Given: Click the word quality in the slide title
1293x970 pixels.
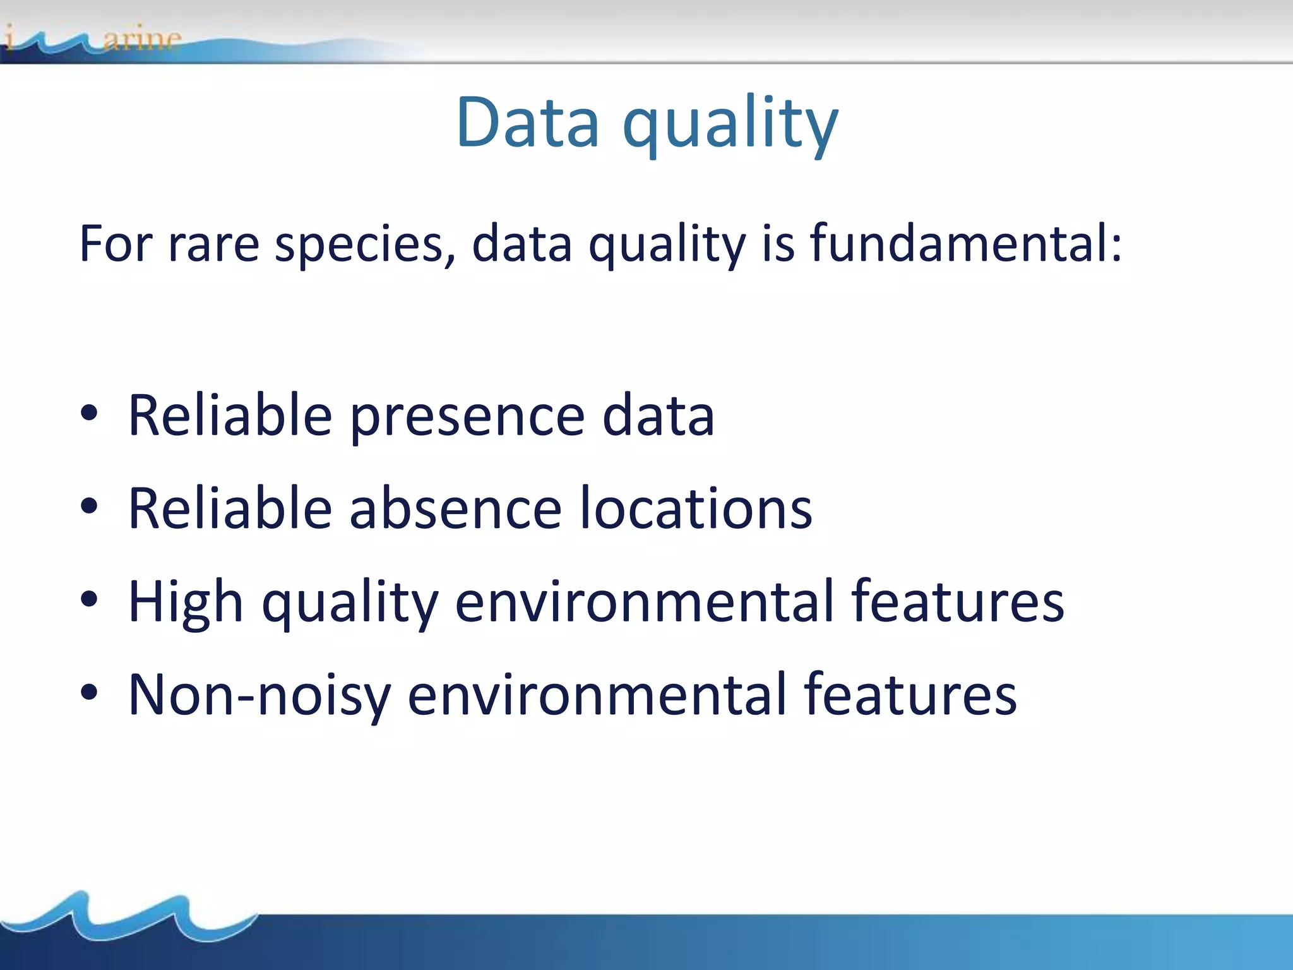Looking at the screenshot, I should tap(730, 124).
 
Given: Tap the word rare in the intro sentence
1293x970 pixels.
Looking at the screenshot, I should tap(213, 244).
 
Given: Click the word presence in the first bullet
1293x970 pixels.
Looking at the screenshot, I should tap(467, 417).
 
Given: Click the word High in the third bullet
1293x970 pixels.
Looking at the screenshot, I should tap(186, 602).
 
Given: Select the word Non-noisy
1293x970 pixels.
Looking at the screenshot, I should tap(259, 696).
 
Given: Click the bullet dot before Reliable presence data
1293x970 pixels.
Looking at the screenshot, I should tap(89, 414).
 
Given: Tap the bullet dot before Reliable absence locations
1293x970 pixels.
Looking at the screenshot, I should tap(89, 506).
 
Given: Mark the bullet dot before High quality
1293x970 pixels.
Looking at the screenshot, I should tap(89, 599).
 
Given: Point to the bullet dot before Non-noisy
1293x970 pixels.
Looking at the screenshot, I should tap(89, 692).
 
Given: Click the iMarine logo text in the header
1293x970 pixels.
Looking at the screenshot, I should tap(95, 39).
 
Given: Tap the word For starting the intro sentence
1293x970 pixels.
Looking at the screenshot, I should tap(116, 244).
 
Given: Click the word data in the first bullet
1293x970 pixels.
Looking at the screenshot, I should tap(658, 416).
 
